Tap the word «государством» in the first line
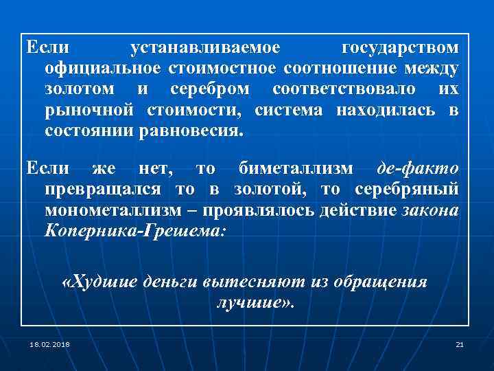tap(400, 49)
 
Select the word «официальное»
tap(102, 69)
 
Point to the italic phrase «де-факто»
tap(419, 168)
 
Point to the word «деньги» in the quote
tap(172, 282)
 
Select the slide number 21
tap(460, 344)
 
